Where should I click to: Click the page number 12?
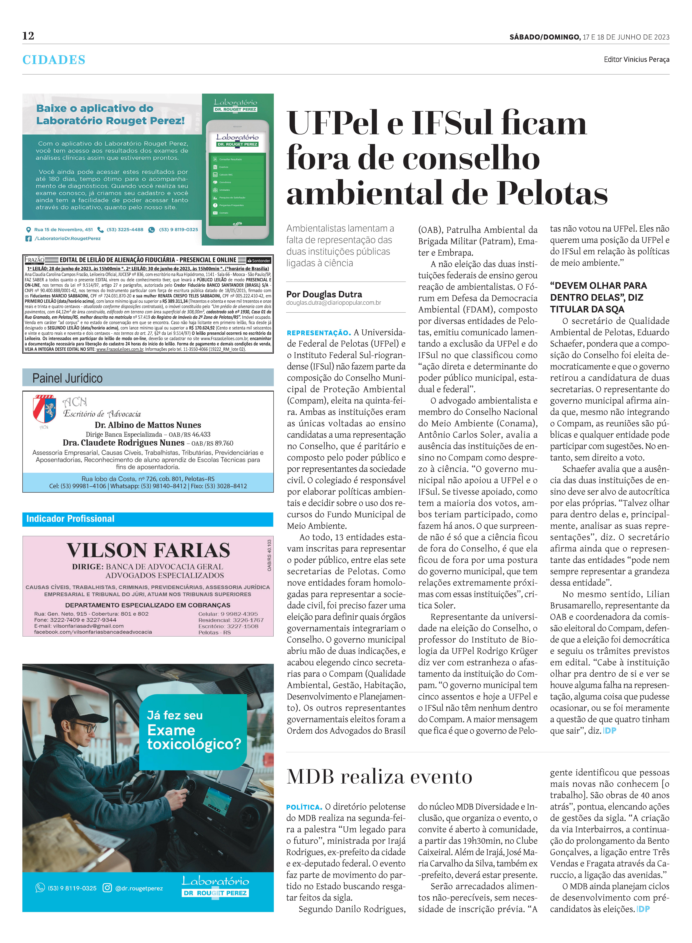pyautogui.click(x=28, y=36)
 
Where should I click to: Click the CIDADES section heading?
pyautogui.click(x=54, y=60)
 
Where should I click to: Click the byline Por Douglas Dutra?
pyautogui.click(x=324, y=294)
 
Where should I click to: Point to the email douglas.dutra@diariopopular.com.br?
pyautogui.click(x=333, y=303)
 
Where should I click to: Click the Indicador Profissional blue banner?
pyautogui.click(x=148, y=519)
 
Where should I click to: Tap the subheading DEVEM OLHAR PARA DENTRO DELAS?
pyautogui.click(x=598, y=297)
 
